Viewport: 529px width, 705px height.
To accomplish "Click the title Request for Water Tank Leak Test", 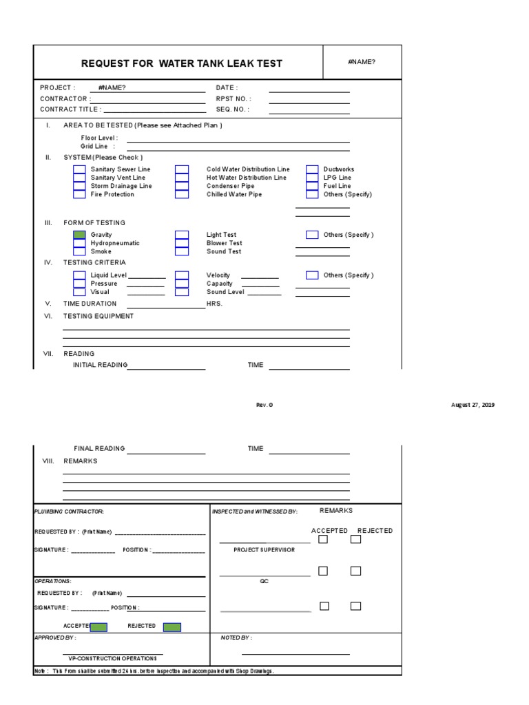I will (x=181, y=63).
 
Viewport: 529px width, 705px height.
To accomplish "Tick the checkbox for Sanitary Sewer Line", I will (x=79, y=169).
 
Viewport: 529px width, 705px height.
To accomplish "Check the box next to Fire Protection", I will (x=79, y=194).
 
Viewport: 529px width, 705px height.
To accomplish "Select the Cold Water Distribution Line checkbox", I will (x=181, y=169).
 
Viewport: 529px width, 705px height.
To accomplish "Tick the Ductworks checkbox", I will (x=312, y=169).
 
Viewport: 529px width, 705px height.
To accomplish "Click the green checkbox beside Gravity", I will (x=79, y=235).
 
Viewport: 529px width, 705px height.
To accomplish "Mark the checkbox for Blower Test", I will (x=181, y=243).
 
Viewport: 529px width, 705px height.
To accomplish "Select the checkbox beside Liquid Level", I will (x=79, y=275).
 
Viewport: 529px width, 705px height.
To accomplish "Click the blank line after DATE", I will (x=309, y=90).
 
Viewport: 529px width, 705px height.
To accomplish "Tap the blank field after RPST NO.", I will (x=309, y=101).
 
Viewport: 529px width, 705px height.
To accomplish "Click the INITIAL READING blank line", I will (x=166, y=367).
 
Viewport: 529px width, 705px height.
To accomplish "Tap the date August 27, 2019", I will (x=473, y=405).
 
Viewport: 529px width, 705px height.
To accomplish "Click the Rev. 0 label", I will (x=264, y=405).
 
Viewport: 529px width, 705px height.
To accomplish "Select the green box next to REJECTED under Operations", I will (x=172, y=627).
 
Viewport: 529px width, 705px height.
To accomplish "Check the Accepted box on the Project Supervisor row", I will (x=323, y=539).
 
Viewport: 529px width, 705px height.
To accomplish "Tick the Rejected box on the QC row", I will (x=355, y=571).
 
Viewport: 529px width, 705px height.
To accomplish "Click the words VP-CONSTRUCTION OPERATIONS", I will (x=112, y=658).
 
